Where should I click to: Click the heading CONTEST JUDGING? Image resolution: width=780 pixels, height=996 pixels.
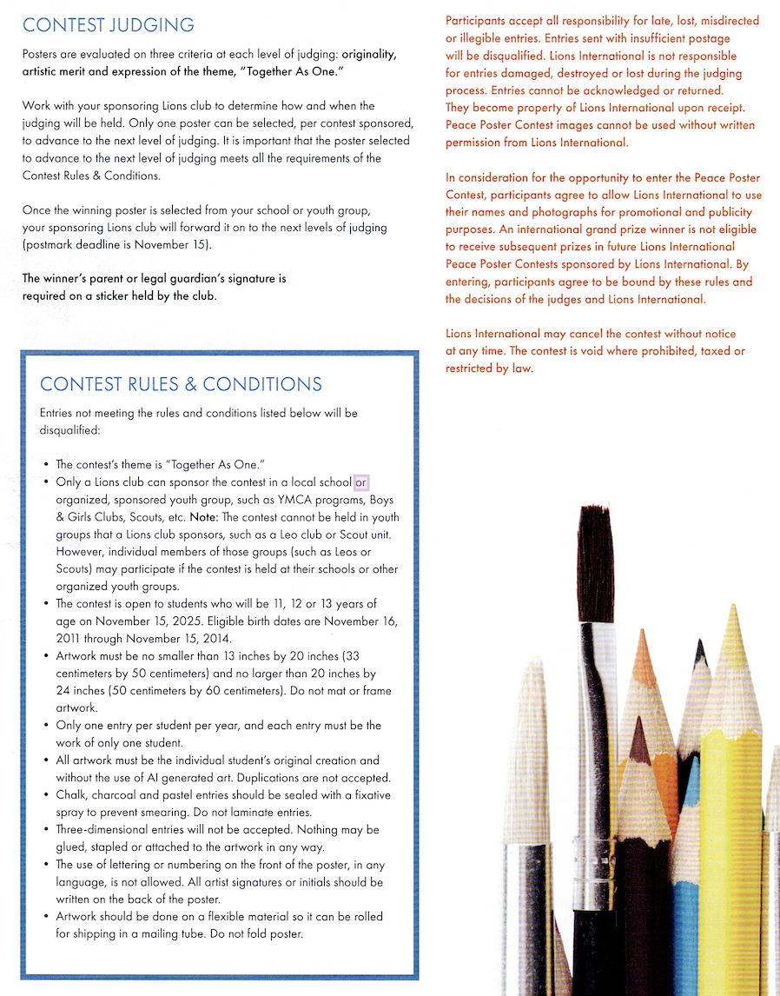point(109,25)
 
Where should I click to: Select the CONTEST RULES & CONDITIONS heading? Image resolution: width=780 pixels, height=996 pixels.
point(181,384)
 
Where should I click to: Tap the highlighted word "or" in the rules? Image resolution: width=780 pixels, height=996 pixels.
point(361,482)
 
